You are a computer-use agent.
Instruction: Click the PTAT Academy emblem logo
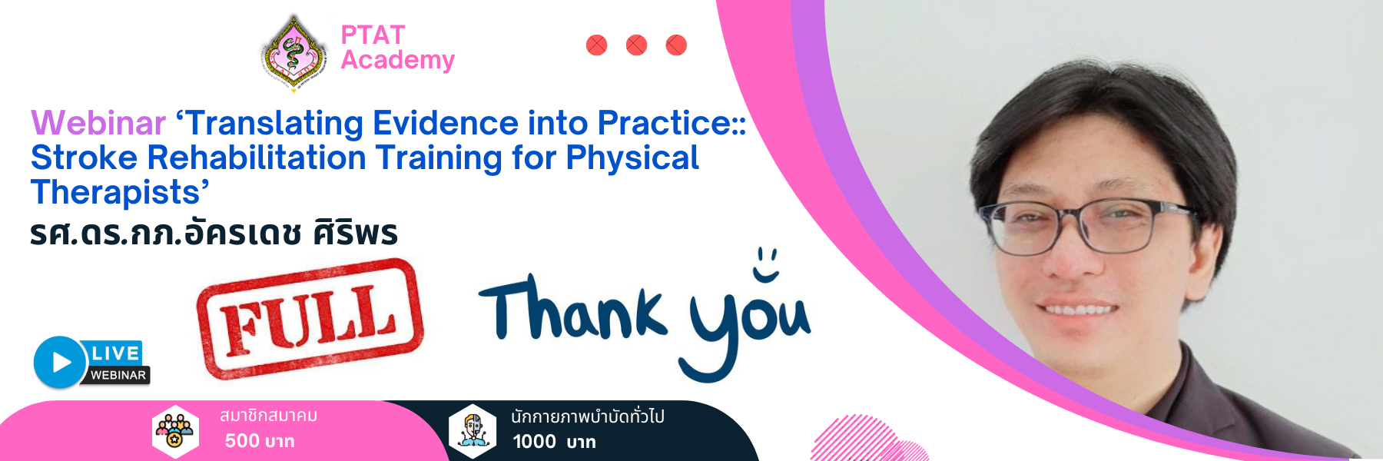[x=294, y=53]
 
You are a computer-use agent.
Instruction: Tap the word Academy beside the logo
[x=397, y=60]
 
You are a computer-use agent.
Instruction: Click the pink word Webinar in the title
[x=98, y=123]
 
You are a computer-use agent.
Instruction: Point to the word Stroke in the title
[x=84, y=158]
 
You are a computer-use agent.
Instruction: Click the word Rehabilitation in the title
[x=257, y=158]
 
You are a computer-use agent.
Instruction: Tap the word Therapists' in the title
[x=120, y=192]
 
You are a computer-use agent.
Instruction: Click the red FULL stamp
[x=310, y=319]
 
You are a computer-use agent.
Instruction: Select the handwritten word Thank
[x=572, y=308]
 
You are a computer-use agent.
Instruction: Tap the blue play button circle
[x=59, y=362]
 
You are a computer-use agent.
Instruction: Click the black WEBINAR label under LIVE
[x=118, y=375]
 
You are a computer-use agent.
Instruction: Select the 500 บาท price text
[x=260, y=441]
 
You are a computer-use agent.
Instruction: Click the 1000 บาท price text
[x=554, y=442]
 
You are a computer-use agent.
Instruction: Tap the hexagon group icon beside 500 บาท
[x=175, y=432]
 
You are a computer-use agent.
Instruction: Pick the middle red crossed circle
[x=636, y=45]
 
